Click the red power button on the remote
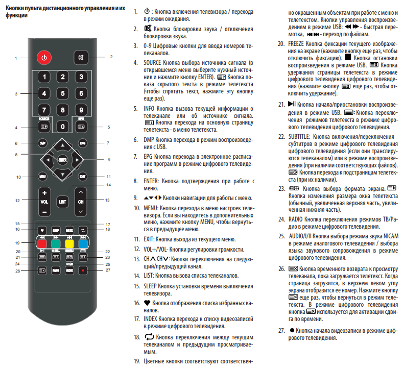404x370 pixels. (x=44, y=57)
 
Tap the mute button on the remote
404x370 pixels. (x=81, y=57)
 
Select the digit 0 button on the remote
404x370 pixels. (x=62, y=126)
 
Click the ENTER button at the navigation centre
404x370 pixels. (x=62, y=160)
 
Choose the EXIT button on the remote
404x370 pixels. (x=82, y=177)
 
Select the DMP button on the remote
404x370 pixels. (x=43, y=143)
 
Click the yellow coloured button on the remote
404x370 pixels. (x=69, y=243)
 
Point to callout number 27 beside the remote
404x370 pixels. (x=108, y=270)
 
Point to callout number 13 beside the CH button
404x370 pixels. (x=108, y=201)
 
